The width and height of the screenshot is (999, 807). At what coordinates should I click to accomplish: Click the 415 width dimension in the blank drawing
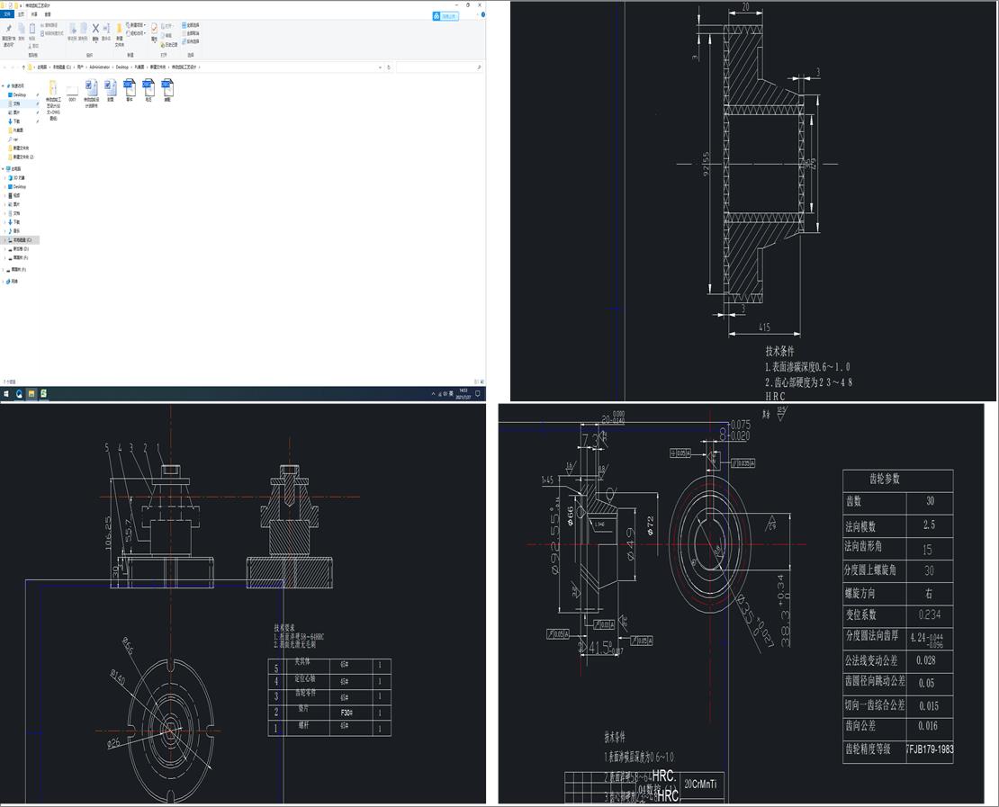pyautogui.click(x=763, y=327)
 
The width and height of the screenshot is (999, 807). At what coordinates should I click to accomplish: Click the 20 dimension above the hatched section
pyautogui.click(x=745, y=7)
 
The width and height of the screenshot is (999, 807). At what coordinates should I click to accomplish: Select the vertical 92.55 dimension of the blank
pyautogui.click(x=707, y=164)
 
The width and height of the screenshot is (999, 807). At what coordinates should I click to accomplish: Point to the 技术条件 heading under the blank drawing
pyautogui.click(x=780, y=351)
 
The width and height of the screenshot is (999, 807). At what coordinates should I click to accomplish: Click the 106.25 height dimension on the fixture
pyautogui.click(x=109, y=532)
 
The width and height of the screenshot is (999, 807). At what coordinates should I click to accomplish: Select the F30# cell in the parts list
pyautogui.click(x=346, y=713)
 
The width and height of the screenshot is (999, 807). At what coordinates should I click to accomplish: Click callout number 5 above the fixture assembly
pyautogui.click(x=106, y=447)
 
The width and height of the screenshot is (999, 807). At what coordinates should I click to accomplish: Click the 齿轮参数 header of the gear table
pyautogui.click(x=884, y=480)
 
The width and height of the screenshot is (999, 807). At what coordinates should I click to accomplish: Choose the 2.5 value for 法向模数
pyautogui.click(x=928, y=525)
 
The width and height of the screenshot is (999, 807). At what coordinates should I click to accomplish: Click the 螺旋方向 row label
pyautogui.click(x=859, y=594)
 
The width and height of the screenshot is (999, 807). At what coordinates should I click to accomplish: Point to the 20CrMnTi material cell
pyautogui.click(x=701, y=785)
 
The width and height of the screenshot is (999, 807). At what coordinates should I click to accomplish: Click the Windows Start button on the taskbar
pyautogui.click(x=6, y=394)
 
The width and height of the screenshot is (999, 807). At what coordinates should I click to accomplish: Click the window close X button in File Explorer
pyautogui.click(x=480, y=4)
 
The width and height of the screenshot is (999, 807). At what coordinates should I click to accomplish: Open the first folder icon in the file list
pyautogui.click(x=52, y=87)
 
